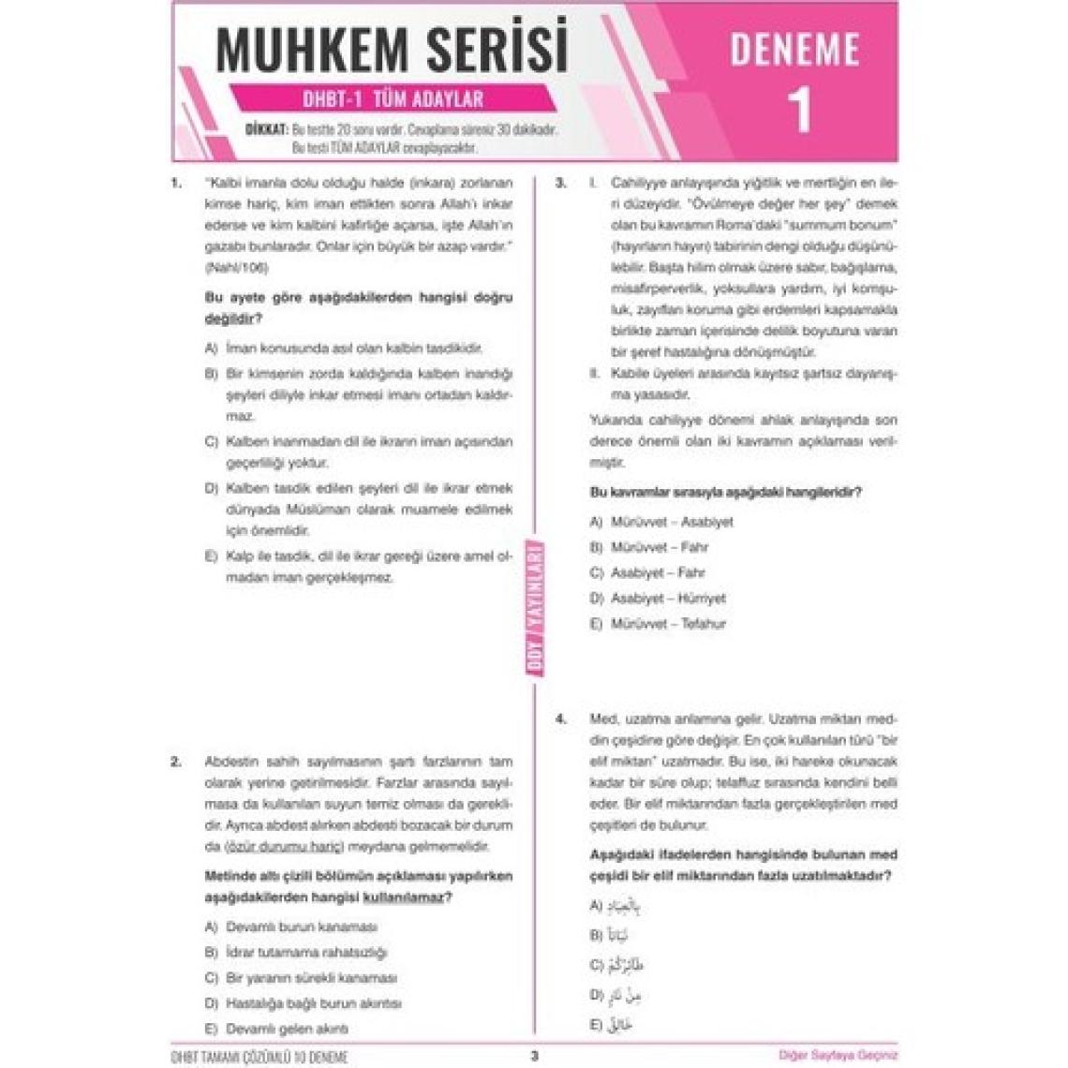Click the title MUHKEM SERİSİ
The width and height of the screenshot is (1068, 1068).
pyautogui.click(x=392, y=49)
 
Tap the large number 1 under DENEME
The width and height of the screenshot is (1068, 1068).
pyautogui.click(x=798, y=111)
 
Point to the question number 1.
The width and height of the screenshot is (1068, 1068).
pyautogui.click(x=176, y=183)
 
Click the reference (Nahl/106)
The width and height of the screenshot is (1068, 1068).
pyautogui.click(x=235, y=268)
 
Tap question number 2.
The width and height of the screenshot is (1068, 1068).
pyautogui.click(x=176, y=762)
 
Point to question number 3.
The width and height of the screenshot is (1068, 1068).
pyautogui.click(x=560, y=183)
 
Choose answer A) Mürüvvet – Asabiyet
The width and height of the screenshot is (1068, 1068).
pyautogui.click(x=661, y=522)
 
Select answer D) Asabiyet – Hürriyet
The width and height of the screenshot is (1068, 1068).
pyautogui.click(x=658, y=598)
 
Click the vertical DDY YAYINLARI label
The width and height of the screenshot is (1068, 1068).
pyautogui.click(x=538, y=605)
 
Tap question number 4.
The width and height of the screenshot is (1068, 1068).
pyautogui.click(x=560, y=719)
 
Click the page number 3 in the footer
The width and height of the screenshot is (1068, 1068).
pyautogui.click(x=534, y=1055)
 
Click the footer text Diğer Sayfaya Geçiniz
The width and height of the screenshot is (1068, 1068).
pyautogui.click(x=838, y=1055)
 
